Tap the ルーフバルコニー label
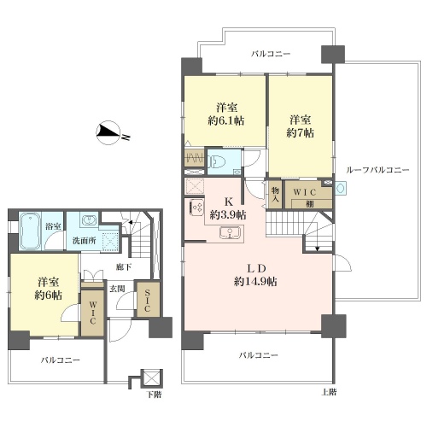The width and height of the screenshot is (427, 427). tap(377, 170)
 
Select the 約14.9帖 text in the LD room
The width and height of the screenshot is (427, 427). tap(255, 282)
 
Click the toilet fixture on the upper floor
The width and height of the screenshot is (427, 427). tap(217, 162)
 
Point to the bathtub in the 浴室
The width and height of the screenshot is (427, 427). tap(30, 231)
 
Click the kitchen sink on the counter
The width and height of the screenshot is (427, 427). tap(230, 232)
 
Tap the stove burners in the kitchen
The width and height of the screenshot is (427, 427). tap(196, 208)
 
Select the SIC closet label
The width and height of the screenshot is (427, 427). tap(148, 300)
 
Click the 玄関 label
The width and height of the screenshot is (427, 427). tap(117, 289)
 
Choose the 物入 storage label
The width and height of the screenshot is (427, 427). tap(275, 194)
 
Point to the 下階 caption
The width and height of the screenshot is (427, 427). tap(154, 395)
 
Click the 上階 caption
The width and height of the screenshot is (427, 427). tap(329, 392)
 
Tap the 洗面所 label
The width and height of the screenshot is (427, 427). tap(84, 241)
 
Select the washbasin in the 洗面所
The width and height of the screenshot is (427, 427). tap(89, 220)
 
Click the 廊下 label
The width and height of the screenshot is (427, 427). tap(124, 267)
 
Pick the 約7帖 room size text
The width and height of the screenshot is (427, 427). tap(300, 132)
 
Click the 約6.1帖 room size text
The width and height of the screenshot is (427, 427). tap(226, 120)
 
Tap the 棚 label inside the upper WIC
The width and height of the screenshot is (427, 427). tap(310, 204)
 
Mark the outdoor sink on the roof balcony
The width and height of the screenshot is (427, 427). tap(341, 188)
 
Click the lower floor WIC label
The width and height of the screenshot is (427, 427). tap(93, 313)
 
